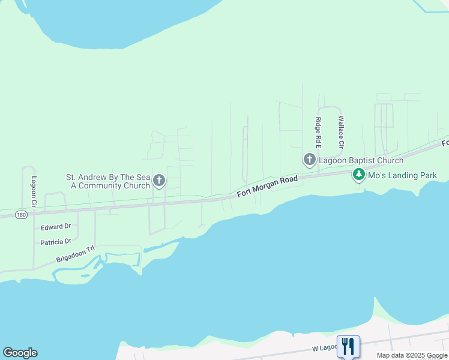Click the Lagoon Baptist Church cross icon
(309, 160)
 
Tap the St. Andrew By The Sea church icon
(159, 180)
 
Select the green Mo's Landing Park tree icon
(359, 175)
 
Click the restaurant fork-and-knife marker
(348, 346)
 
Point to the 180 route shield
(21, 215)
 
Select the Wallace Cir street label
(340, 132)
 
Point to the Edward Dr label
(56, 227)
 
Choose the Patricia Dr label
(56, 242)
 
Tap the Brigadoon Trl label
(76, 255)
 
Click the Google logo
(20, 353)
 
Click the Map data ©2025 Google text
(412, 355)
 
